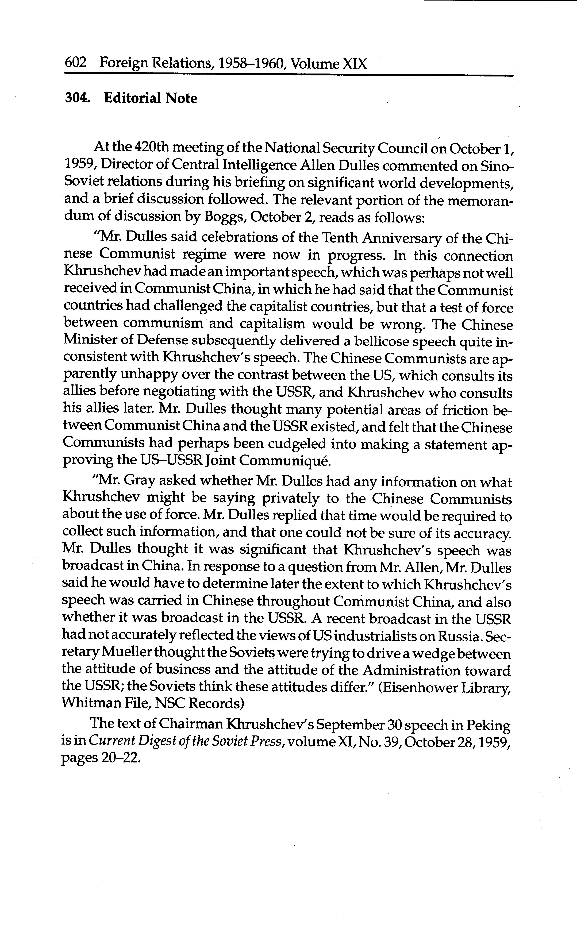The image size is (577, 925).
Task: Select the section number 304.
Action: tap(78, 98)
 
